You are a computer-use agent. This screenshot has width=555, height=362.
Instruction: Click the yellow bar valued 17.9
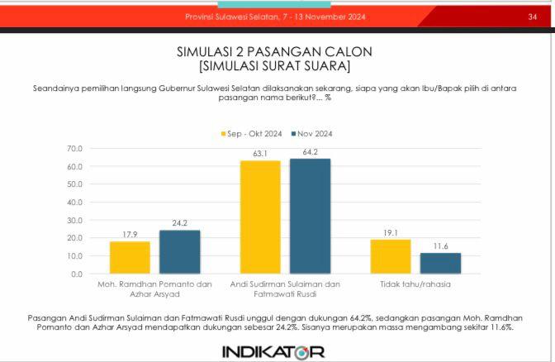pyautogui.click(x=130, y=257)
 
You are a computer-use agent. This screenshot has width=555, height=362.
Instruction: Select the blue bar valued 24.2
pyautogui.click(x=179, y=251)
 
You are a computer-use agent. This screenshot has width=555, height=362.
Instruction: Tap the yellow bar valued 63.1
pyautogui.click(x=260, y=217)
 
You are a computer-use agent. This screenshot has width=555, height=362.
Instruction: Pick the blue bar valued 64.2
pyautogui.click(x=310, y=216)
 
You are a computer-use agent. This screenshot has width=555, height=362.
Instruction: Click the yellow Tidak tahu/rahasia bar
pyautogui.click(x=391, y=256)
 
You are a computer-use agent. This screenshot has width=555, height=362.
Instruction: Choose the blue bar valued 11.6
pyautogui.click(x=440, y=263)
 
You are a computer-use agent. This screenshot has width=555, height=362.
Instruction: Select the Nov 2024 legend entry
pyautogui.click(x=310, y=133)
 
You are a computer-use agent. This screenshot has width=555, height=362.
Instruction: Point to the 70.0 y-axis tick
pyautogui.click(x=74, y=149)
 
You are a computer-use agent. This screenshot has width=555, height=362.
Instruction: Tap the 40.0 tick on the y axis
pyautogui.click(x=74, y=202)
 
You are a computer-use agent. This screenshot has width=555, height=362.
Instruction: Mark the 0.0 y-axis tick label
pyautogui.click(x=77, y=274)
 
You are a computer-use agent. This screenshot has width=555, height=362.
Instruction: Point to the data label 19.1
pyautogui.click(x=391, y=233)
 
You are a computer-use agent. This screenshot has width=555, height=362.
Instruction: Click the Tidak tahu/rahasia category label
pyautogui.click(x=415, y=284)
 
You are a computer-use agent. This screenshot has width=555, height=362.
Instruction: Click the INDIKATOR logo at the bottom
pyautogui.click(x=273, y=351)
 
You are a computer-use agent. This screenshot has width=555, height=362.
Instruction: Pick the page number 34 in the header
pyautogui.click(x=533, y=17)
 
